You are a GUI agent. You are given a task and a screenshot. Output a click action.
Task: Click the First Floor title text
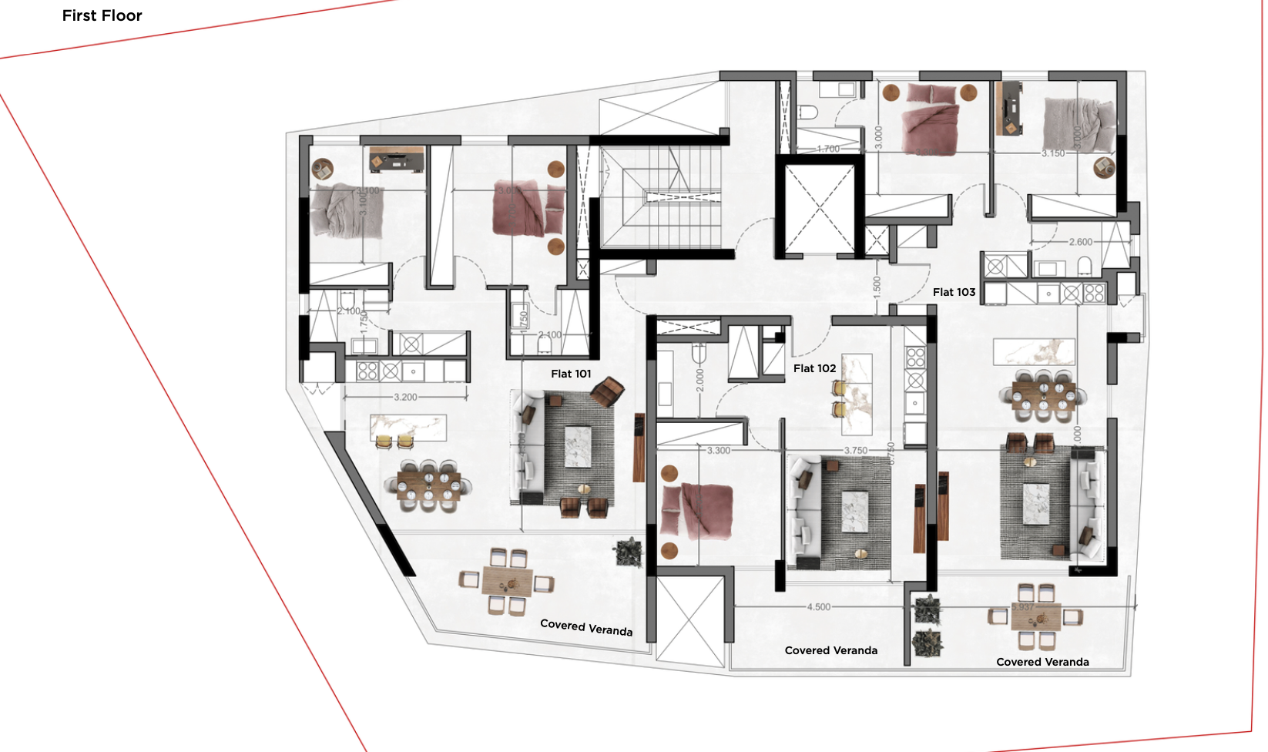(102, 15)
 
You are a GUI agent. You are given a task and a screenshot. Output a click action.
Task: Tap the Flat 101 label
(571, 374)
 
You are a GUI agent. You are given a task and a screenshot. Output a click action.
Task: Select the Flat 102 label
(814, 368)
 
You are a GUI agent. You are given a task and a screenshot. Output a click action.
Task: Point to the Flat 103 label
(954, 292)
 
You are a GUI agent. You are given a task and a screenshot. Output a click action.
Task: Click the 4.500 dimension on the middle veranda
(818, 607)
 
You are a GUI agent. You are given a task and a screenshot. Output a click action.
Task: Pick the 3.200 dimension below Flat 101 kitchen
(405, 398)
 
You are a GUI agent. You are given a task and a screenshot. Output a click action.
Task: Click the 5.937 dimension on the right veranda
(1022, 607)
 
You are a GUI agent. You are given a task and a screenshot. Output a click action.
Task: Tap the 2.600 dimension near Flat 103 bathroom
(1080, 242)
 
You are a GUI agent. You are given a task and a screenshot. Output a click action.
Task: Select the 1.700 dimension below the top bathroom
(827, 149)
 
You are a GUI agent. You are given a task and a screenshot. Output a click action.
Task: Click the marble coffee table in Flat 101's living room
(578, 448)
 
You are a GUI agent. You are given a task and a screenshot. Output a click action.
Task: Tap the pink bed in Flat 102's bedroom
(696, 509)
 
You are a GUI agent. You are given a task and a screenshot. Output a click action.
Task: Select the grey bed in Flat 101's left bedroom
(346, 210)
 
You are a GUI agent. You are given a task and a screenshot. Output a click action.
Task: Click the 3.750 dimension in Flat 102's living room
(855, 451)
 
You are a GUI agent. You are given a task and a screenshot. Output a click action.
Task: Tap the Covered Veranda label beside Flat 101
(586, 627)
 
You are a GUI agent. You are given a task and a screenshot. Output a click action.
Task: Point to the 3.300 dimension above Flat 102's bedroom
(718, 451)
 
